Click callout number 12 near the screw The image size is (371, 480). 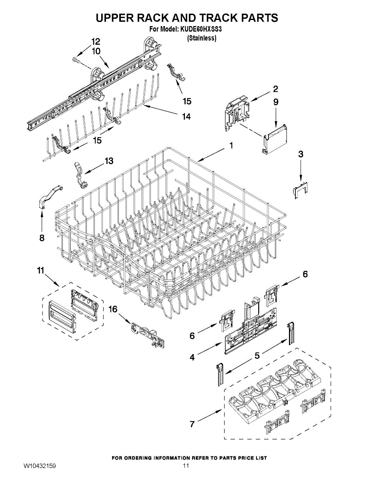pyautogui.click(x=96, y=41)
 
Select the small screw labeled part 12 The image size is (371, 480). pyautogui.click(x=76, y=60)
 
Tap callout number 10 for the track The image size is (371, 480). pyautogui.click(x=96, y=51)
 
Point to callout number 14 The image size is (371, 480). pyautogui.click(x=186, y=116)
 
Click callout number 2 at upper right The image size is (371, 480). pyautogui.click(x=276, y=89)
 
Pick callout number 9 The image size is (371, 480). pyautogui.click(x=276, y=102)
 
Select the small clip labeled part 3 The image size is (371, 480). pyautogui.click(x=301, y=189)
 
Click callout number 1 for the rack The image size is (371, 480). pyautogui.click(x=231, y=146)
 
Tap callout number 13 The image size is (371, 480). pyautogui.click(x=109, y=161)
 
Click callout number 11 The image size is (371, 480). pyautogui.click(x=40, y=271)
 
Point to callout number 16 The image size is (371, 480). pyautogui.click(x=113, y=309)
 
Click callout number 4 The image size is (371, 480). pyautogui.click(x=192, y=358)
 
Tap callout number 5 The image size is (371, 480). pyautogui.click(x=257, y=355)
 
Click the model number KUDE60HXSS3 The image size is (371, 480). pyautogui.click(x=199, y=29)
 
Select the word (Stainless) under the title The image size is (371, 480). pyautogui.click(x=202, y=38)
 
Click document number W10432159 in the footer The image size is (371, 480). pyautogui.click(x=39, y=466)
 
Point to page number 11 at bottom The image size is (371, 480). pyautogui.click(x=186, y=466)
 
